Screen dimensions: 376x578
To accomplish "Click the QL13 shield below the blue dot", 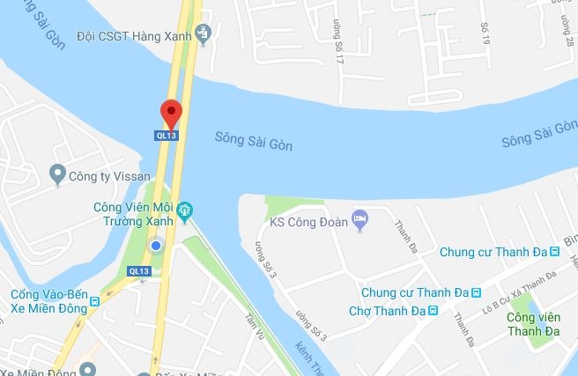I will [x=139, y=270].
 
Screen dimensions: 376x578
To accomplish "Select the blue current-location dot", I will [x=156, y=246].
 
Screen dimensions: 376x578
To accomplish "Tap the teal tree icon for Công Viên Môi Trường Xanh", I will [x=184, y=210].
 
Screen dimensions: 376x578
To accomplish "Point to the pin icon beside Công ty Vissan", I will [x=59, y=173].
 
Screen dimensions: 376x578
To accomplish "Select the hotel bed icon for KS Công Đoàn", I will [x=359, y=217].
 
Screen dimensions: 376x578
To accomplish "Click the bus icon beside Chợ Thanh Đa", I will [x=433, y=310].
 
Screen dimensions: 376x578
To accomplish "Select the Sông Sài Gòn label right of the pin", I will [x=254, y=140].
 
